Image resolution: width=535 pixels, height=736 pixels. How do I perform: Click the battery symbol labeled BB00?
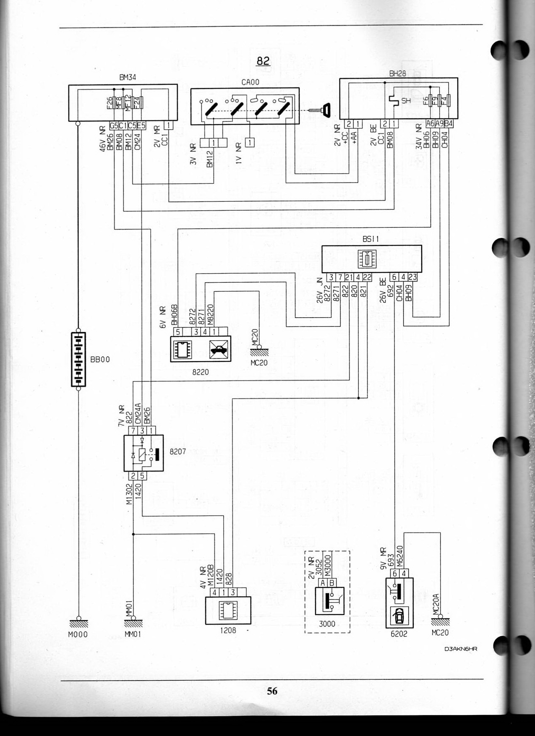(x=78, y=359)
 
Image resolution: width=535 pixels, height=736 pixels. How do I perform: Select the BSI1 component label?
(x=371, y=239)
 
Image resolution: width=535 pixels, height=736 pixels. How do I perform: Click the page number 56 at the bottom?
(x=272, y=691)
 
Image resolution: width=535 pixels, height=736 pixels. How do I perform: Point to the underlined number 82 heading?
(x=263, y=61)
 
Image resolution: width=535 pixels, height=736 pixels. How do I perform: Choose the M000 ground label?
(x=78, y=634)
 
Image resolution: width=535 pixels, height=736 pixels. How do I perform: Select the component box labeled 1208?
(x=228, y=611)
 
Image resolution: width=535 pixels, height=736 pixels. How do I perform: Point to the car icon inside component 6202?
(x=399, y=616)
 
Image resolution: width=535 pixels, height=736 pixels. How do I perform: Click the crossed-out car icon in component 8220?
(x=219, y=349)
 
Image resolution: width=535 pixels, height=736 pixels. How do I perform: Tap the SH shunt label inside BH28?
(x=406, y=101)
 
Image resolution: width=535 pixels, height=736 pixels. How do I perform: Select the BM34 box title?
(x=128, y=77)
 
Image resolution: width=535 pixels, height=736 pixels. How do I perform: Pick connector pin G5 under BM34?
(x=114, y=125)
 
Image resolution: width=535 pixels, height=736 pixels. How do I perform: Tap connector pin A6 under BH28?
(x=430, y=124)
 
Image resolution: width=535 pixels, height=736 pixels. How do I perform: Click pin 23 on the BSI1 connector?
(x=412, y=277)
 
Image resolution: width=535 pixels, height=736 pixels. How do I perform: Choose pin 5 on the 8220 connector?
(x=178, y=331)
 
